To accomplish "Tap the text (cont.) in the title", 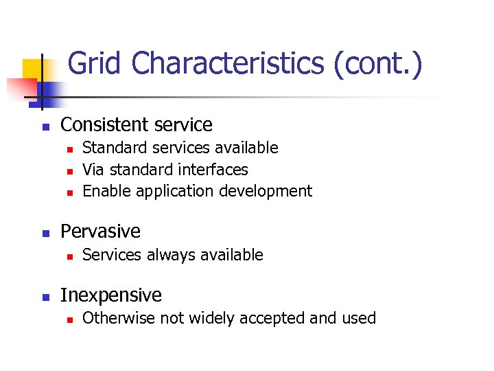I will (x=378, y=64).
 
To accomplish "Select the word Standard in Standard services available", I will (x=110, y=148).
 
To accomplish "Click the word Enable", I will (x=106, y=190).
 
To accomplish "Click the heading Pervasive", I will (x=100, y=232).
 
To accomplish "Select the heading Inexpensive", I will (x=111, y=295).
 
